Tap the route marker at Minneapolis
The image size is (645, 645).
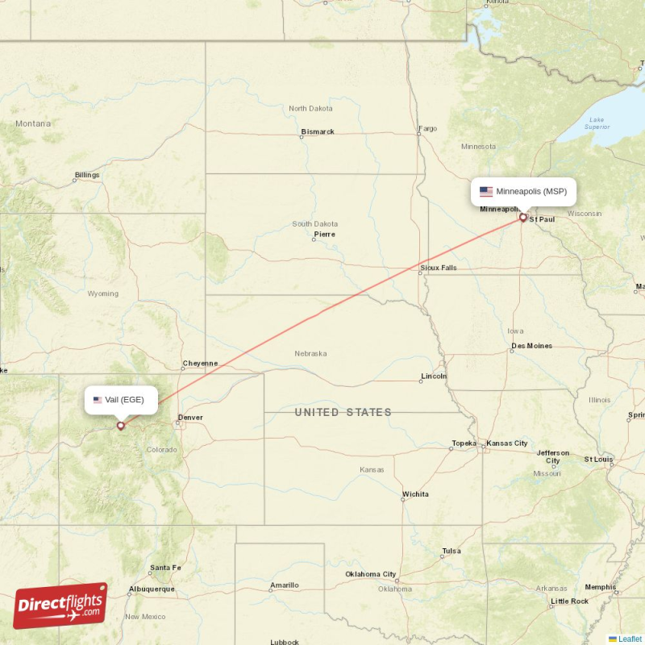[523, 217]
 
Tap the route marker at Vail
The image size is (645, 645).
[121, 425]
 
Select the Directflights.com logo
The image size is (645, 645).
[60, 606]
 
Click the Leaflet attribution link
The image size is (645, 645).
[630, 639]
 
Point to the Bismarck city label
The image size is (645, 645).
[317, 131]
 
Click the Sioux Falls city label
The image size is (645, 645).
[438, 268]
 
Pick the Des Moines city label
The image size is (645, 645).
[531, 346]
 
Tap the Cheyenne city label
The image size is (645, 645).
[200, 364]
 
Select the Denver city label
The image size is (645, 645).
[190, 418]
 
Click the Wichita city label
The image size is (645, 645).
[415, 494]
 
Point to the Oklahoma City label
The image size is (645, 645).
[371, 574]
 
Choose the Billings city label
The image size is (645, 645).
[87, 175]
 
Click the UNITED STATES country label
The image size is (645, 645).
[343, 413]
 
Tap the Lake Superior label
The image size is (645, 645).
[597, 123]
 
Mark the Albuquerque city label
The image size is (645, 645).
[152, 589]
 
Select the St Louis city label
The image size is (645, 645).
[598, 459]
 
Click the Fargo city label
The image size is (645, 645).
[427, 128]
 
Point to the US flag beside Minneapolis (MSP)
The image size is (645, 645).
[486, 192]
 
